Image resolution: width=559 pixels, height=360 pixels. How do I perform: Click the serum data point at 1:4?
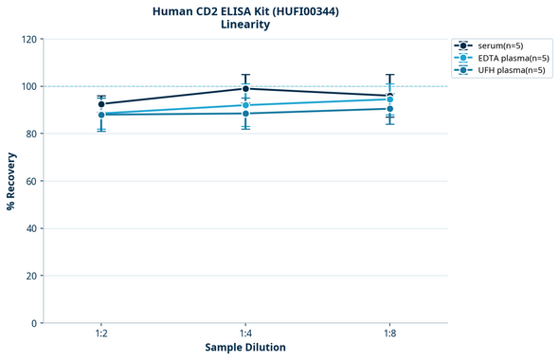click(x=245, y=88)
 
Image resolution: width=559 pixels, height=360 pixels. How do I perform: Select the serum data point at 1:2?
click(x=101, y=104)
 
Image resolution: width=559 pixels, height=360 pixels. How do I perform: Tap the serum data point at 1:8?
click(x=389, y=96)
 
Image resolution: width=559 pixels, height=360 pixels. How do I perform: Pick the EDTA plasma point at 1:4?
click(x=245, y=105)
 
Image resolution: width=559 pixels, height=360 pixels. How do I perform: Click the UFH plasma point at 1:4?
click(x=245, y=114)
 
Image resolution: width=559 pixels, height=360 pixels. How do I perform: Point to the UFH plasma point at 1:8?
click(x=389, y=109)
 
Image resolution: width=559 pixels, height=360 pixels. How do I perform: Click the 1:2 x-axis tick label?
click(x=101, y=333)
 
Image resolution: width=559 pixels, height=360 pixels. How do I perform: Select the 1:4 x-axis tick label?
click(x=245, y=333)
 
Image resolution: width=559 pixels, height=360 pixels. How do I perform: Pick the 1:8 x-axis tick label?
click(x=389, y=333)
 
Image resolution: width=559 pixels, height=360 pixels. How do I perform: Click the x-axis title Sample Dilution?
click(x=245, y=348)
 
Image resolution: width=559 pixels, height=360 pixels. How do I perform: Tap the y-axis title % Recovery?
click(x=11, y=181)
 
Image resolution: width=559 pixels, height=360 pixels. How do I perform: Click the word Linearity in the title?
click(x=245, y=25)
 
